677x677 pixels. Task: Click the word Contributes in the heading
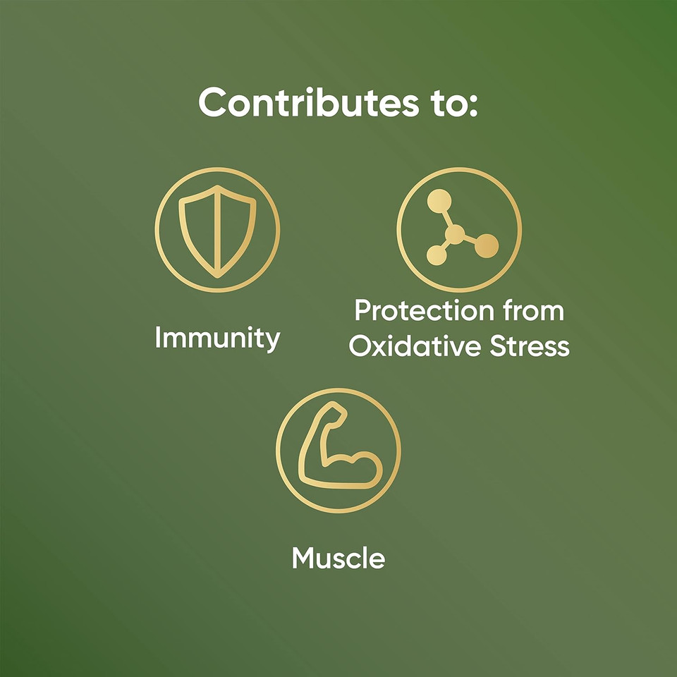(309, 102)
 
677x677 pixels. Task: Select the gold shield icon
(217, 231)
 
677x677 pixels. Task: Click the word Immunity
(218, 338)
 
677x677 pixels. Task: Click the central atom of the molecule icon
(455, 235)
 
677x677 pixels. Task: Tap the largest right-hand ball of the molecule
(487, 245)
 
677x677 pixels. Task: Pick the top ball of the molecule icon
(439, 201)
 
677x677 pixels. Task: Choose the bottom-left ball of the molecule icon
(437, 255)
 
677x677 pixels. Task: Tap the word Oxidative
(415, 346)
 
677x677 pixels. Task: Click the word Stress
(530, 346)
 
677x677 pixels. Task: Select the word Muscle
(338, 558)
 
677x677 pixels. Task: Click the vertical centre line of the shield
(218, 232)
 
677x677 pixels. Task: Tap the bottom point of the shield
(218, 276)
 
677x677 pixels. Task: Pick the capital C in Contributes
(214, 102)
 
